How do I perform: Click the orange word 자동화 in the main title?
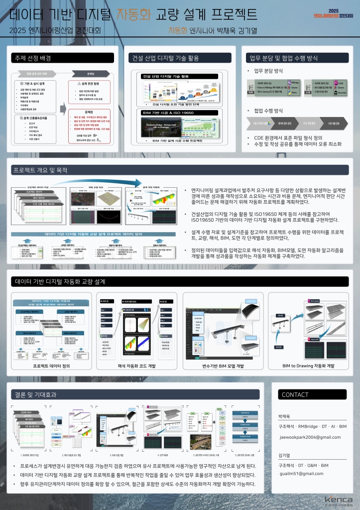133,13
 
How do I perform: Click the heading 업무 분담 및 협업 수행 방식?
284,58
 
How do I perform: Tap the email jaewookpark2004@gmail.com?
310,437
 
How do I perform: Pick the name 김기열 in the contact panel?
284,455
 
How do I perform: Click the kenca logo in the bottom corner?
338,500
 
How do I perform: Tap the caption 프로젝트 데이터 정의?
51,366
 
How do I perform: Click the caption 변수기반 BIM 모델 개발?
220,366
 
